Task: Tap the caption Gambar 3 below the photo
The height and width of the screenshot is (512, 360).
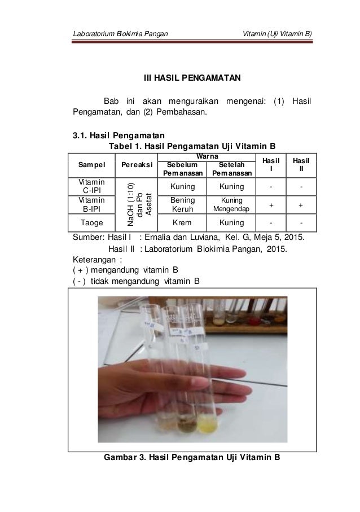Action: coord(191,457)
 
